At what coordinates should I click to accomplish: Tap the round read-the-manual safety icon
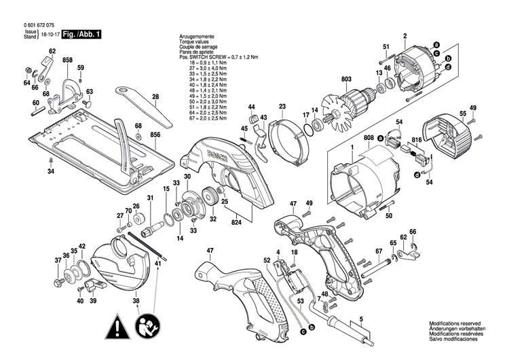point(147,328)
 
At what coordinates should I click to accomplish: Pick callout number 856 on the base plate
point(155,135)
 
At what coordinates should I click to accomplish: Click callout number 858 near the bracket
point(67,61)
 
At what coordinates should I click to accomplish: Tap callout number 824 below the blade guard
point(235,221)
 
